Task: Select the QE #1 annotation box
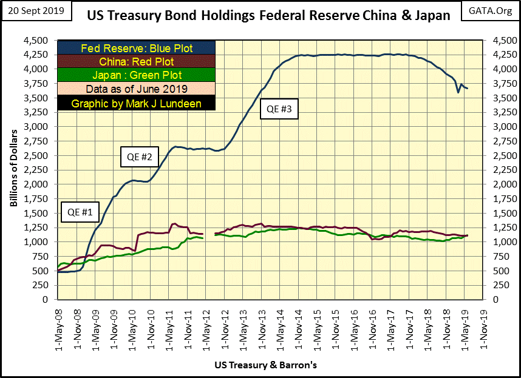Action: [79, 214]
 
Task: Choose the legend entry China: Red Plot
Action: [137, 62]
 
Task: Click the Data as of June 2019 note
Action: [137, 90]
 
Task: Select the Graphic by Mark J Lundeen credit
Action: [137, 103]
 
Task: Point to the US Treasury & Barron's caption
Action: [265, 366]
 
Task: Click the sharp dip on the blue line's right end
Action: [458, 92]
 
